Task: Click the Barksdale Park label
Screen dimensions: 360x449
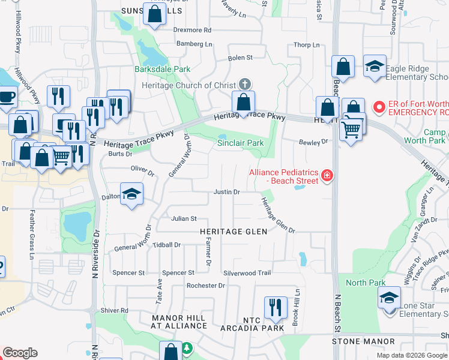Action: click(166, 70)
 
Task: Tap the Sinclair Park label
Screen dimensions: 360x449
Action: click(240, 143)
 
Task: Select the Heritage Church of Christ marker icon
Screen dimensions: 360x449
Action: click(244, 83)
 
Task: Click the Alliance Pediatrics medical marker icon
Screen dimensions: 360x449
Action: click(327, 176)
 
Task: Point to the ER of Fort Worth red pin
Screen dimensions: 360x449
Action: click(379, 108)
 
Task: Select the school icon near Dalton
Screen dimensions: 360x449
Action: click(131, 194)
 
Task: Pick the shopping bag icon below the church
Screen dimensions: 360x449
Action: click(244, 101)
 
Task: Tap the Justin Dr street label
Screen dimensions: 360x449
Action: click(228, 192)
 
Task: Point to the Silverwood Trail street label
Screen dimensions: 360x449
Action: click(247, 272)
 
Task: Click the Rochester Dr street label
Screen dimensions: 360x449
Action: click(205, 286)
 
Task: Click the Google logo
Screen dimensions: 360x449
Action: click(20, 353)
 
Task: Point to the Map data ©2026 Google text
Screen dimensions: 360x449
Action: click(412, 355)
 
